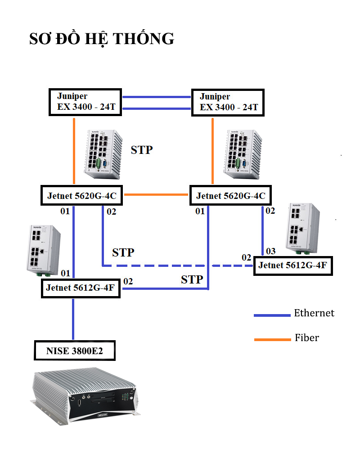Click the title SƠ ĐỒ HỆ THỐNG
(x=102, y=39)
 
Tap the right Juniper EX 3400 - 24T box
(x=228, y=102)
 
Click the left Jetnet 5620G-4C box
(x=82, y=196)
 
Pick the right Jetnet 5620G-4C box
(x=231, y=196)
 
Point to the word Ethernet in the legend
(x=314, y=313)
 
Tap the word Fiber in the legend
(x=307, y=337)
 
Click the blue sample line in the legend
(x=272, y=315)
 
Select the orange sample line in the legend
(x=272, y=339)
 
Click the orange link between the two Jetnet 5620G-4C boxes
(x=156, y=194)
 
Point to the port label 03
(x=270, y=251)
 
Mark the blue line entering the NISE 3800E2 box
(x=73, y=319)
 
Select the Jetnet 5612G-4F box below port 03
(x=292, y=265)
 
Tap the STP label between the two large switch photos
(x=142, y=150)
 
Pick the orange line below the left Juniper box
(x=73, y=151)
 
